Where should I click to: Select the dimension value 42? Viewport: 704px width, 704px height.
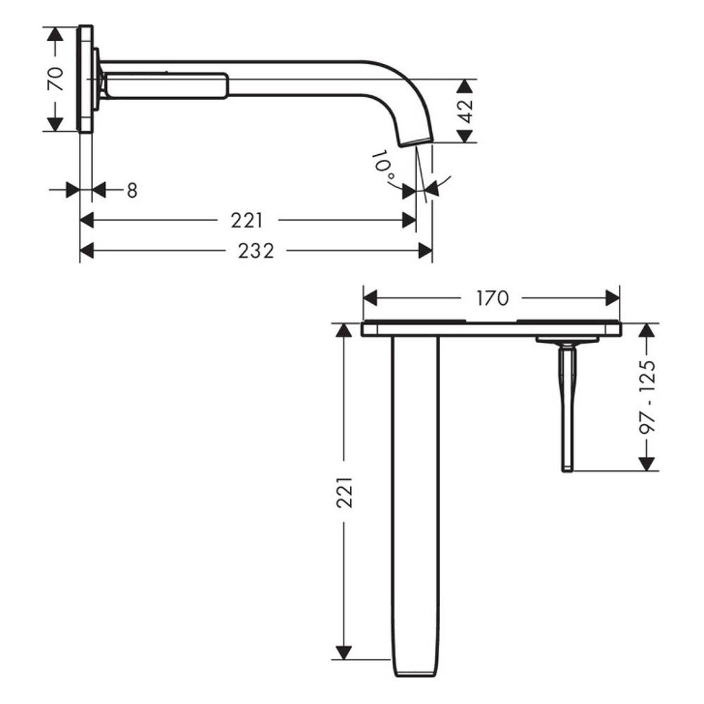pyautogui.click(x=465, y=111)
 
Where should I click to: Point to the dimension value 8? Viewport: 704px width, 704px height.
pyautogui.click(x=132, y=190)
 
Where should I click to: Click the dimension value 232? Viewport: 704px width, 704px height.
pyautogui.click(x=256, y=251)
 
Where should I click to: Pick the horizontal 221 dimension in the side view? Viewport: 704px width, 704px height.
pyautogui.click(x=247, y=220)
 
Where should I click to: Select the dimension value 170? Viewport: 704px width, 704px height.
pyautogui.click(x=492, y=298)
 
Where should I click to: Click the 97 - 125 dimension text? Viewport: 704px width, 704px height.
pyautogui.click(x=648, y=397)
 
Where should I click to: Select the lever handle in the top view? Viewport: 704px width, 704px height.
pyautogui.click(x=567, y=408)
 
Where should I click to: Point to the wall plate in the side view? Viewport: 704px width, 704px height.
pyautogui.click(x=85, y=79)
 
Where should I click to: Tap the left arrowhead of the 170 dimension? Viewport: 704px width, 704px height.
pyautogui.click(x=370, y=298)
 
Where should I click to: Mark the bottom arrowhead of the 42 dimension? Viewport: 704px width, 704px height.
pyautogui.click(x=465, y=136)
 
